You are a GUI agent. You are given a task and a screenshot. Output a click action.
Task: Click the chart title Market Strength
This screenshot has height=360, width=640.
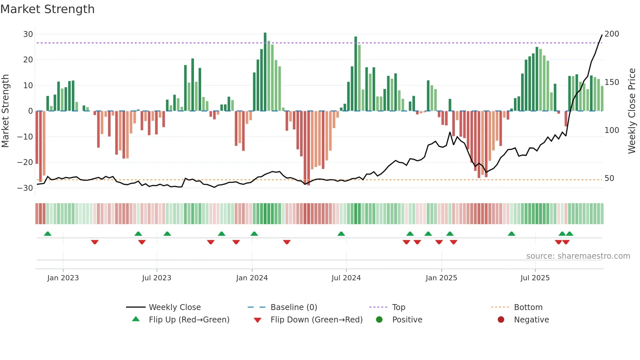point(47,9)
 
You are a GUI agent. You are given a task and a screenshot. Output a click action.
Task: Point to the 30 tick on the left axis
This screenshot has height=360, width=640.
point(28,34)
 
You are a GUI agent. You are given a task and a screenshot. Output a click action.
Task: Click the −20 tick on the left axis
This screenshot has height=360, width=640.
point(25,162)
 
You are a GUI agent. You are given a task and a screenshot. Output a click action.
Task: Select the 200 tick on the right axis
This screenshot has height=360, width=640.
point(612,34)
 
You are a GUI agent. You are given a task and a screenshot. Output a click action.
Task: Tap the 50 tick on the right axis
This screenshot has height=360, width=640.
point(609,178)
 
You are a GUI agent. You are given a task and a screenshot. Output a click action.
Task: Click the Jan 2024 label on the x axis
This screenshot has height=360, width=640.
point(252,278)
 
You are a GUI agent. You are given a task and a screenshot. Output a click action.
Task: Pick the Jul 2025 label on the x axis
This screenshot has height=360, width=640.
point(535,278)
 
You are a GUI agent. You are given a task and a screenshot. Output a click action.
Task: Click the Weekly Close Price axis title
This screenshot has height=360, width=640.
point(632,111)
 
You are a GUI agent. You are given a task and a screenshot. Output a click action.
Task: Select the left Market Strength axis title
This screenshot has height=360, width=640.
point(5,111)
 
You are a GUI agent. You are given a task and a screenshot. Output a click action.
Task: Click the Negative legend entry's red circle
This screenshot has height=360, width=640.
point(501,319)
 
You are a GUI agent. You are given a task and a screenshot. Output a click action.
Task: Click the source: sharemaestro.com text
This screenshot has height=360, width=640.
point(578,256)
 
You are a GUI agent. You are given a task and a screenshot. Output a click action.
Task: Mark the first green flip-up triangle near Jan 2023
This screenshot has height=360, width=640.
point(48,234)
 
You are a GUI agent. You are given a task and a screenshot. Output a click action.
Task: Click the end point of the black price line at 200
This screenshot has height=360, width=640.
point(602,35)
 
